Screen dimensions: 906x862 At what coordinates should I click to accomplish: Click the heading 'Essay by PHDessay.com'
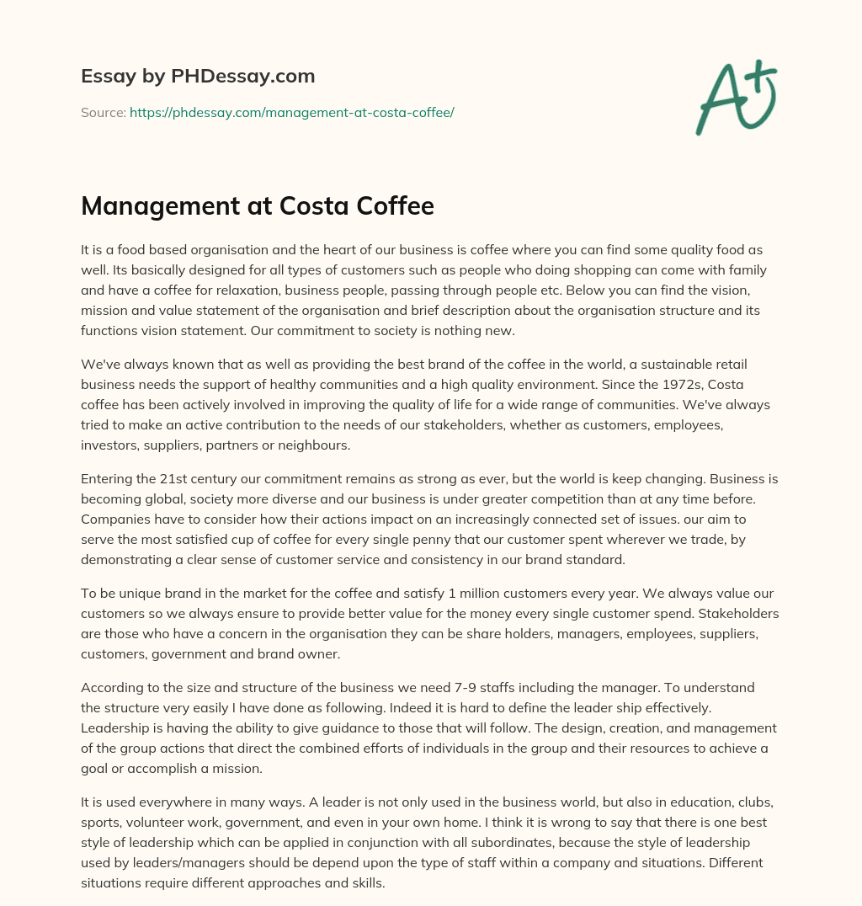[198, 77]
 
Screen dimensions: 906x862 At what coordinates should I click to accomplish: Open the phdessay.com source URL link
[291, 112]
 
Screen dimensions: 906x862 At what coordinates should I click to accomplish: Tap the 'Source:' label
[103, 112]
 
